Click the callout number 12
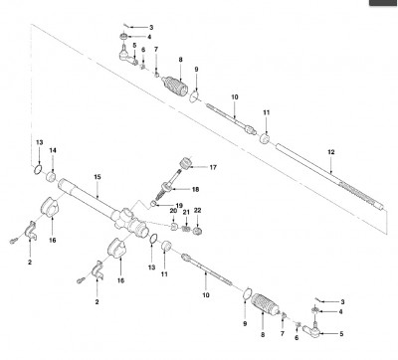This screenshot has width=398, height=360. [x=331, y=152]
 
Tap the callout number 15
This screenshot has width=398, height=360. [x=97, y=177]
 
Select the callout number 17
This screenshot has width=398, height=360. [x=213, y=167]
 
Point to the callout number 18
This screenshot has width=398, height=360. [x=195, y=189]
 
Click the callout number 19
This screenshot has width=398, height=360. [x=179, y=206]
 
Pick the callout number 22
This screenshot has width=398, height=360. [x=197, y=211]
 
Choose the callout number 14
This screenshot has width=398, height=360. [x=53, y=150]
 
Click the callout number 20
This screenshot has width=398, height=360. [x=173, y=211]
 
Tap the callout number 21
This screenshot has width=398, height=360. [x=186, y=212]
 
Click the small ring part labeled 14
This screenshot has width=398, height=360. [x=51, y=177]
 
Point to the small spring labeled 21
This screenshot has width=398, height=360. [x=186, y=229]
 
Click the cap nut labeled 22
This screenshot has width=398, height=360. [x=197, y=231]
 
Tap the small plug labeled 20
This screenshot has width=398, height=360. [x=174, y=227]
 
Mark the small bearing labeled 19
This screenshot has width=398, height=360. [x=153, y=203]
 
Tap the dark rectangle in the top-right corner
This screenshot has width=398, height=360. [x=384, y=3]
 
